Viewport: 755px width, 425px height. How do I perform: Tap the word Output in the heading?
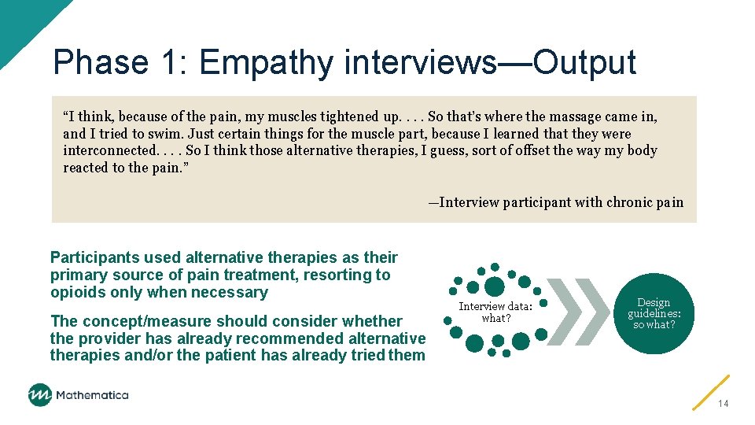tap(584, 63)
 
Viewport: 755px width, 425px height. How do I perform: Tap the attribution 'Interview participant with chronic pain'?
tap(561, 202)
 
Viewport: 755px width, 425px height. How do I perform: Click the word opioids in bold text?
tap(77, 293)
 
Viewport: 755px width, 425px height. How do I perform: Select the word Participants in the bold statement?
tap(95, 258)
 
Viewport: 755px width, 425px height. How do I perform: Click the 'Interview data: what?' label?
tap(495, 312)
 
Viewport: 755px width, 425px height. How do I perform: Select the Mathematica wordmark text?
tap(93, 395)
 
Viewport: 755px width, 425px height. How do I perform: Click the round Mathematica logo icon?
tap(40, 395)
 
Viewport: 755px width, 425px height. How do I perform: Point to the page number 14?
tap(723, 404)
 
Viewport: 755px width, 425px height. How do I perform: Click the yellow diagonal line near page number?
tap(711, 392)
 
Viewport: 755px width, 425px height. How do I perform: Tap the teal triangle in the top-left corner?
tap(20, 20)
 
